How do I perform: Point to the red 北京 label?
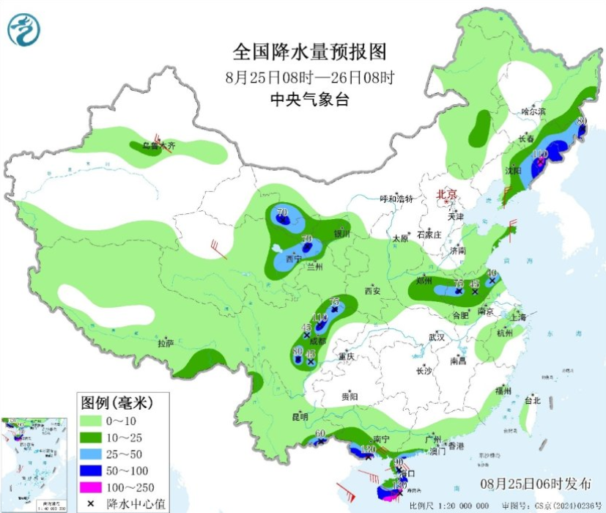tap(446, 194)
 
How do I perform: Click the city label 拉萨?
tap(166, 342)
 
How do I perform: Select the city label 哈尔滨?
tap(533, 111)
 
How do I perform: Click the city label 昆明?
tap(300, 417)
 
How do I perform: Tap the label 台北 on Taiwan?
tap(532, 401)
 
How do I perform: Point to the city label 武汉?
tap(437, 337)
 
